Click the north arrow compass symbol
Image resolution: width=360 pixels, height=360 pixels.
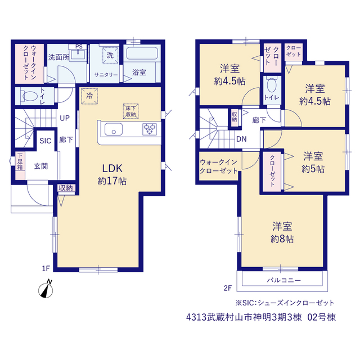46,289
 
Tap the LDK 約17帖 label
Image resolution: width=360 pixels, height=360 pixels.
112,174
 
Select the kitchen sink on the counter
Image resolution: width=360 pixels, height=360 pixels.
114,129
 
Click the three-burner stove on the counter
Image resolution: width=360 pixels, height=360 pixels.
150,129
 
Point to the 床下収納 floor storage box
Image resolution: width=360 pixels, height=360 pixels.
130,111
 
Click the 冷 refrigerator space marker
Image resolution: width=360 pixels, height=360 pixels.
89,96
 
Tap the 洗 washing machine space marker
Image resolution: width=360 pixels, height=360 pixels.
110,55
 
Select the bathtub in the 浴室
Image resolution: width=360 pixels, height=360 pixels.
142,53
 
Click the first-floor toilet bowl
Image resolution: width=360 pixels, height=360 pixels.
29,96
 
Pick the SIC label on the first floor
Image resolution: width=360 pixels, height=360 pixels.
45,141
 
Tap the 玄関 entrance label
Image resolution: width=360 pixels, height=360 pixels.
41,166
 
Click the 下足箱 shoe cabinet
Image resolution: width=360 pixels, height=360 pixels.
20,166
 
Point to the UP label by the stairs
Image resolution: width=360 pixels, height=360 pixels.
65,118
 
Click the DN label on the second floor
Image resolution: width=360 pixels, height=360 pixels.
241,139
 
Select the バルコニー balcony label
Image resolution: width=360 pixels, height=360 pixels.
283,280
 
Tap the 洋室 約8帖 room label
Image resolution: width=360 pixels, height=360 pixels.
282,232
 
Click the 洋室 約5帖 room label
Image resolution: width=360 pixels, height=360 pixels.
313,163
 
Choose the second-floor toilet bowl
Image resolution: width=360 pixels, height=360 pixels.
272,85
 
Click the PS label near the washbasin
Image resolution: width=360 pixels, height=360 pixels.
79,47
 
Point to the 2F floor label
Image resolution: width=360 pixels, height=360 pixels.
228,288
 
